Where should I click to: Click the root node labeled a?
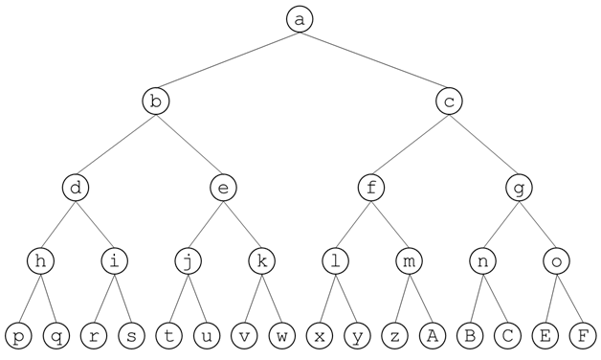point(300,19)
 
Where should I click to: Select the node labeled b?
point(156,101)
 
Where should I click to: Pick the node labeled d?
point(78,188)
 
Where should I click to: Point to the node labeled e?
point(223,188)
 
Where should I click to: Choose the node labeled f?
point(371,188)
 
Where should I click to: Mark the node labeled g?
point(519,188)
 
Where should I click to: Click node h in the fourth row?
point(40,259)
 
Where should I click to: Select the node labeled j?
point(188,259)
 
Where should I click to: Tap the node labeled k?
point(261,259)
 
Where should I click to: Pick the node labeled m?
point(409,259)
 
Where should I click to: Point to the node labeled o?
point(556,259)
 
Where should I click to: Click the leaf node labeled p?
point(18,336)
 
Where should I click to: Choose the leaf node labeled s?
point(131,336)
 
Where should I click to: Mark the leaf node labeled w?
point(281,336)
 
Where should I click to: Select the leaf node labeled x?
point(320,336)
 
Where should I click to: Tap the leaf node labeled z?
point(394,336)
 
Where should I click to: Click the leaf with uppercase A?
point(432,336)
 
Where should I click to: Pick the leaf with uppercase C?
point(507,336)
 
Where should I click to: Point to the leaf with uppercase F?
point(582,336)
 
